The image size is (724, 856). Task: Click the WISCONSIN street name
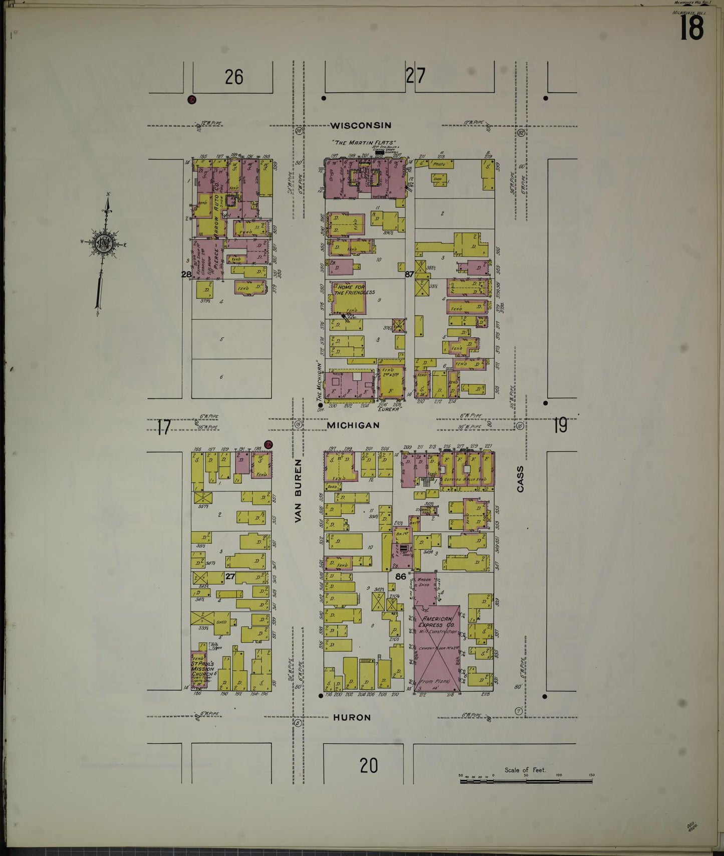tap(360, 125)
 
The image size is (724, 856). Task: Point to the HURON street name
tap(352, 718)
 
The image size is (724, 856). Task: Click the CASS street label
tap(520, 479)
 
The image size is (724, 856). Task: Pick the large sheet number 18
tap(691, 28)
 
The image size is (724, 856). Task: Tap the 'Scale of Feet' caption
tap(525, 770)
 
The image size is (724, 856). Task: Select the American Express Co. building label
tap(437, 622)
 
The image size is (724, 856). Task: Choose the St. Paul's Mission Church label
tap(203, 669)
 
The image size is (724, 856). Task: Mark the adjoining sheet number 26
tap(233, 77)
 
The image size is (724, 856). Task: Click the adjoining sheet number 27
tap(415, 76)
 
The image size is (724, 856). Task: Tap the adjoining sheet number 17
tap(163, 427)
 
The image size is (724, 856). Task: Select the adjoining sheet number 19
tap(560, 425)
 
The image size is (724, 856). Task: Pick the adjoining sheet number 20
tap(368, 765)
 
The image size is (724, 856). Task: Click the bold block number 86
tap(400, 576)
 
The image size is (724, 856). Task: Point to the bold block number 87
tap(410, 274)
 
